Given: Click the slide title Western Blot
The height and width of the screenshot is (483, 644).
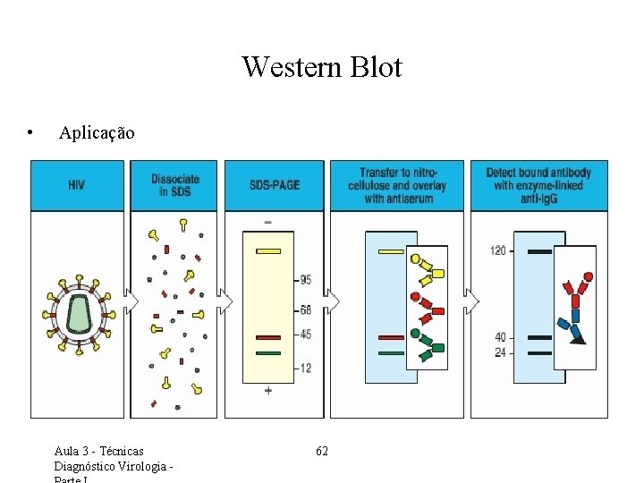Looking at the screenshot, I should (x=322, y=67).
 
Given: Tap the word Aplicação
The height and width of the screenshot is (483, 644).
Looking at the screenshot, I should (x=97, y=133).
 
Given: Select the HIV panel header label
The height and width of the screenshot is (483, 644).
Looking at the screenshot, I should (x=77, y=185).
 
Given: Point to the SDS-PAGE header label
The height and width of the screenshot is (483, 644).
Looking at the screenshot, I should (x=275, y=185).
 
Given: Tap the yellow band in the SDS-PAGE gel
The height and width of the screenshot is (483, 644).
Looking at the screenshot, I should (x=268, y=251).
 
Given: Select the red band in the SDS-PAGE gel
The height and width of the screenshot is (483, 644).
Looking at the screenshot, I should (x=268, y=337).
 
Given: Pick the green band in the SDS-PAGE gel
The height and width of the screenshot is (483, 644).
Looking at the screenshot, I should (x=268, y=353).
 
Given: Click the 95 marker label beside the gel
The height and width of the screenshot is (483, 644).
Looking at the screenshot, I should (x=305, y=280).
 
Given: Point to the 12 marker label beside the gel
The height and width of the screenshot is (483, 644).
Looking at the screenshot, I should (x=305, y=369).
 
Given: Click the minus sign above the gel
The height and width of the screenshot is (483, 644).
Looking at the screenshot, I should (x=268, y=221).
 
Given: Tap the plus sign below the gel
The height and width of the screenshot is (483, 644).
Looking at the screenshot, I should (x=268, y=392).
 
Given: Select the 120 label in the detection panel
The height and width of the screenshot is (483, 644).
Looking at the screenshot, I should (x=498, y=250).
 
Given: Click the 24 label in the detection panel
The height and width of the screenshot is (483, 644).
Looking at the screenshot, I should (x=500, y=352).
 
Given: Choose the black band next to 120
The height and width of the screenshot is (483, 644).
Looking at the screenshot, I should (x=539, y=252).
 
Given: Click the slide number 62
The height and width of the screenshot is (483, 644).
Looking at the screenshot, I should (x=322, y=451).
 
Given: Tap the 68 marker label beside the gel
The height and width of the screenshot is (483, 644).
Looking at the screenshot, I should (x=305, y=310).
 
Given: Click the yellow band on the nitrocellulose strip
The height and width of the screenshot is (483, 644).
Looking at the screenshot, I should (x=391, y=252).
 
